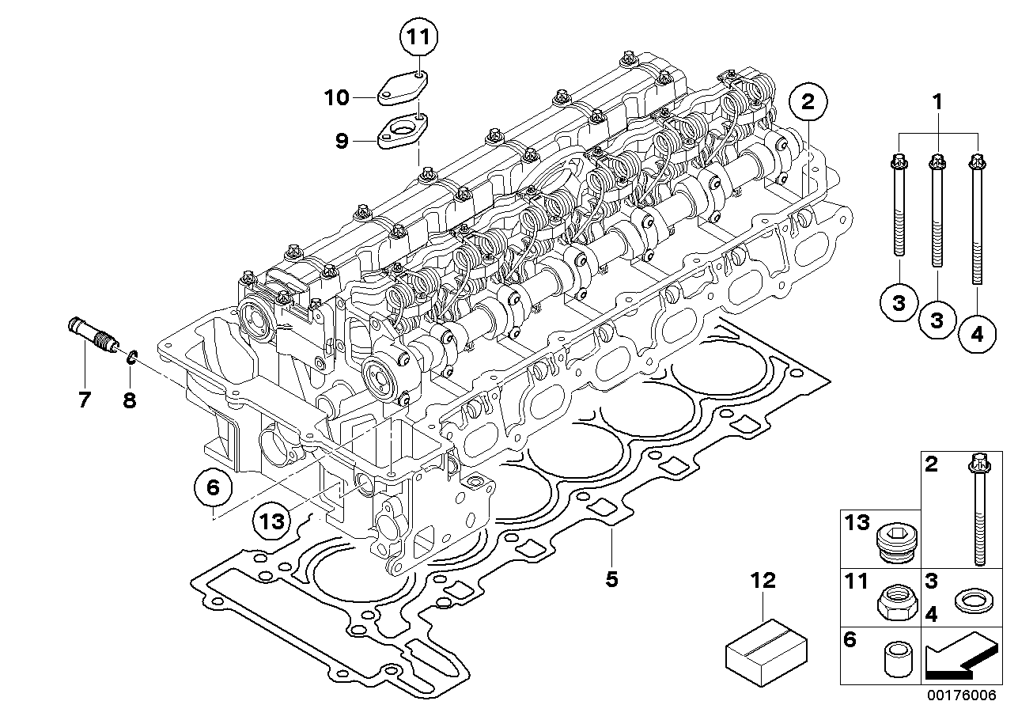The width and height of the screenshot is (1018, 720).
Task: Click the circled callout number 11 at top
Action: pos(418,37)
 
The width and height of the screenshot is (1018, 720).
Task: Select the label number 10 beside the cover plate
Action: pos(336,98)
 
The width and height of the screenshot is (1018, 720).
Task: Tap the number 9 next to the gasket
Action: pos(342,142)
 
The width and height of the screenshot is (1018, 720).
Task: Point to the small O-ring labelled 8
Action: pos(132,358)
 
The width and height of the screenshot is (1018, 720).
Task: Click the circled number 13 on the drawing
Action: pos(272,521)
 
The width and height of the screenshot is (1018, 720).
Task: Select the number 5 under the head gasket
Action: pos(611,579)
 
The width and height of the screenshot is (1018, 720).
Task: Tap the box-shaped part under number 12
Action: pos(766,654)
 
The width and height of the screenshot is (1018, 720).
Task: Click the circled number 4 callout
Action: pos(977,335)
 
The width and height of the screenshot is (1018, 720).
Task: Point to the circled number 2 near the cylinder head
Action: pos(808,102)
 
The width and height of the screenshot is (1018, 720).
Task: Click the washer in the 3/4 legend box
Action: pos(974,601)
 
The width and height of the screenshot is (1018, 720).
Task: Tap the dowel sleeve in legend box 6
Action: pos(899,659)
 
